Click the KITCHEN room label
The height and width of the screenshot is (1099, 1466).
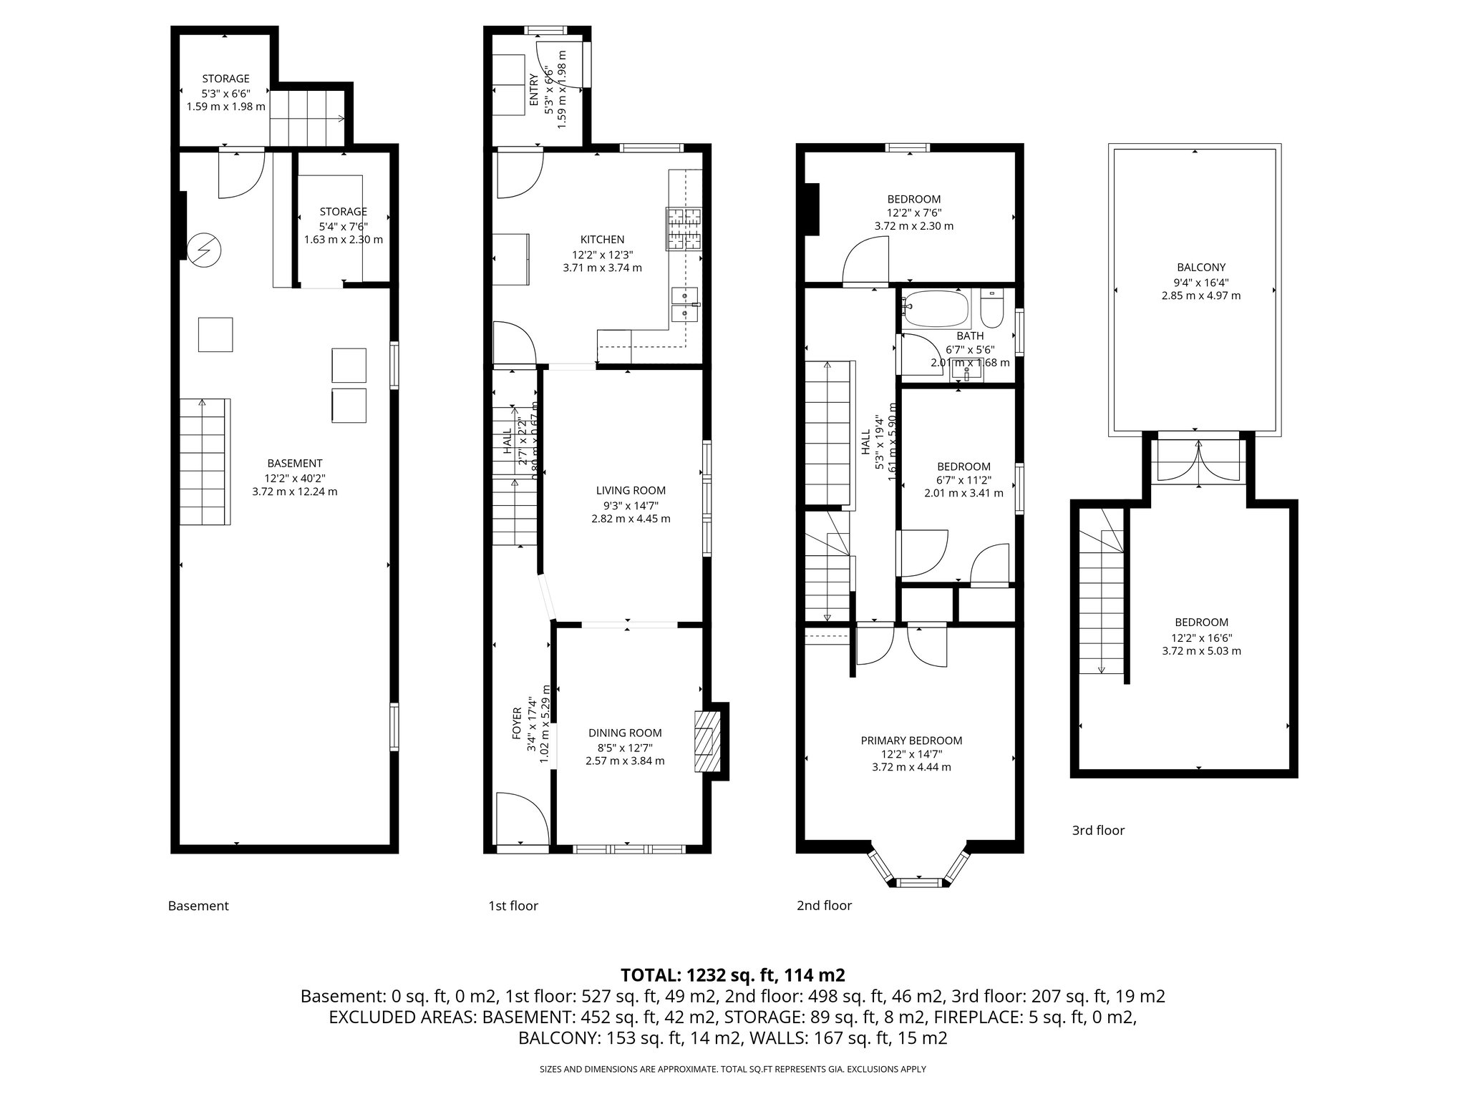[602, 240]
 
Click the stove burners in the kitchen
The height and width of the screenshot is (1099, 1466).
[685, 228]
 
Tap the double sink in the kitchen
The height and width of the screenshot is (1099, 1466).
[685, 303]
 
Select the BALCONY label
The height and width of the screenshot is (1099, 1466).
[1195, 268]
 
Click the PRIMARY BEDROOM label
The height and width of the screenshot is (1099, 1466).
[911, 741]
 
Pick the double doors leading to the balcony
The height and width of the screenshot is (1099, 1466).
[1199, 461]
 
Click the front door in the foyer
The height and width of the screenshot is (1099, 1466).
[523, 819]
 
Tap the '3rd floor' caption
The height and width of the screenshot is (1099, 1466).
[1098, 830]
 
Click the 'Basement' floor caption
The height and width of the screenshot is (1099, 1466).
[198, 906]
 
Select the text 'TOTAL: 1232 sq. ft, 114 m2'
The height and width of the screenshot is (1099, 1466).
[732, 975]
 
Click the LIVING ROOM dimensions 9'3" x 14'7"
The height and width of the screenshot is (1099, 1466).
[631, 504]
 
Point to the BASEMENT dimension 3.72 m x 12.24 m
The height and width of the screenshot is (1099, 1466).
[294, 492]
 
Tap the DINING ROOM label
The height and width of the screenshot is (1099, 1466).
[625, 733]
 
